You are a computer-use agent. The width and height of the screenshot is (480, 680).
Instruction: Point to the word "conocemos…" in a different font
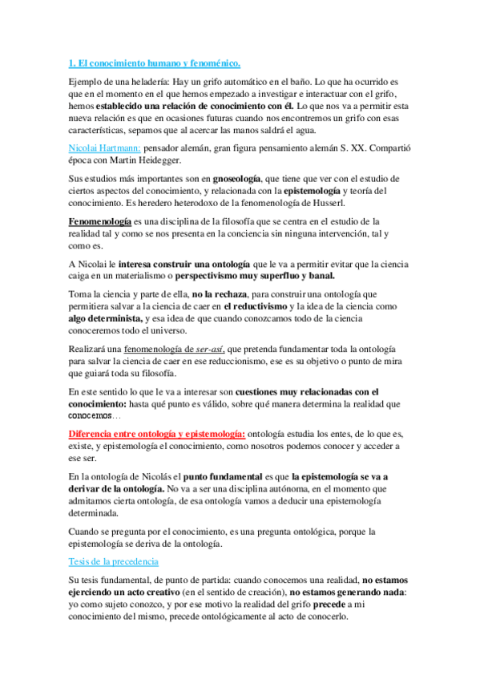(95, 416)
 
